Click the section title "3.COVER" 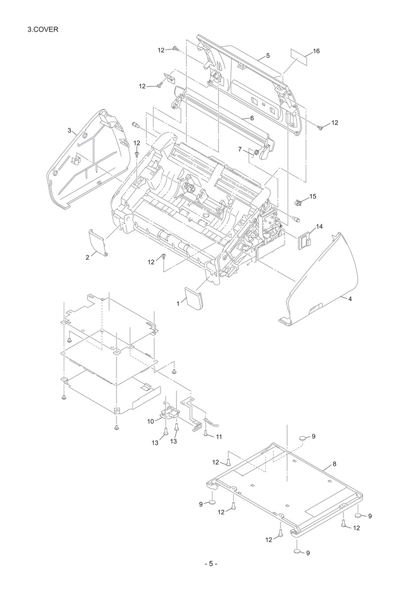(42, 29)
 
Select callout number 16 (316, 51)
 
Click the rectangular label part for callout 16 (299, 57)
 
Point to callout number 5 (268, 55)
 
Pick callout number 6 (251, 118)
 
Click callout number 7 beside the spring (240, 150)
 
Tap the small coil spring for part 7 (256, 153)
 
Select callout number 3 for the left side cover (69, 130)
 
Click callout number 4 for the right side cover (350, 299)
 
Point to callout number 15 (313, 197)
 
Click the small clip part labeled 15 (298, 203)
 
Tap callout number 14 (319, 226)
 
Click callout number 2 (87, 257)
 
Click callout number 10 (150, 421)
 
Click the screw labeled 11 (206, 433)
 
